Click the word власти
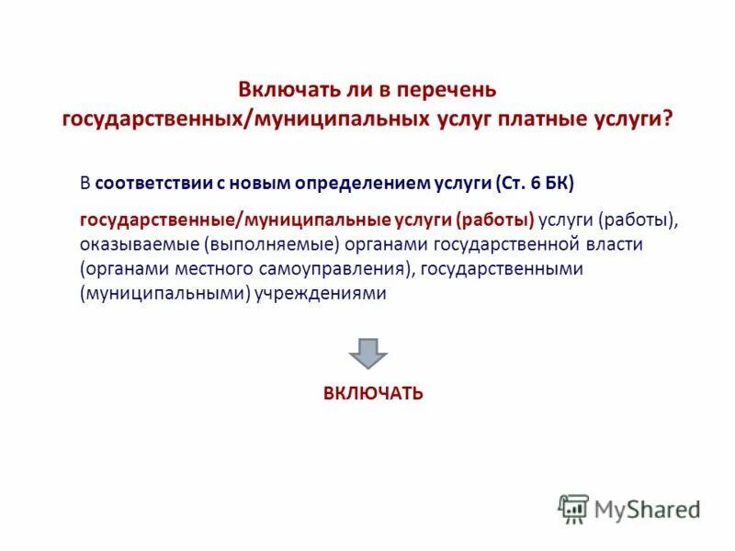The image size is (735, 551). tap(616, 245)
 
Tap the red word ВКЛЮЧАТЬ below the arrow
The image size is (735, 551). tap(373, 393)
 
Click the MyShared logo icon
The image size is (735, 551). tap(573, 508)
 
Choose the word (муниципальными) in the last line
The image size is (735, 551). tap(163, 295)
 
